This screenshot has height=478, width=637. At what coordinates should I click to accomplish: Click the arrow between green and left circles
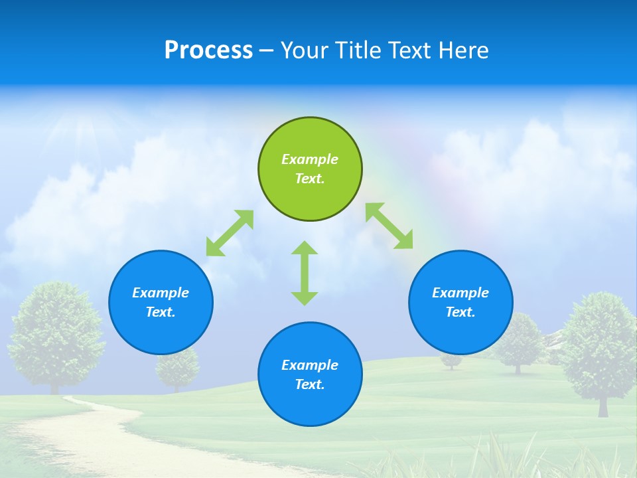click(230, 233)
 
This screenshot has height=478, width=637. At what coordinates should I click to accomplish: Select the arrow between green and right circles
click(389, 226)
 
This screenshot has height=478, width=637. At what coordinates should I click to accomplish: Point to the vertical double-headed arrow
click(305, 273)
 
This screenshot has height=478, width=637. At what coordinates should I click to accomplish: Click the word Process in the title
click(208, 50)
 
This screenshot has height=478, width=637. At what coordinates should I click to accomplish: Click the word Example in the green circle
click(310, 159)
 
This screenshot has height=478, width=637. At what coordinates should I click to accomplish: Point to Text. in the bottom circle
click(310, 384)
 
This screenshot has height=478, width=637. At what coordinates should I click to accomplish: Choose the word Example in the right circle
click(460, 293)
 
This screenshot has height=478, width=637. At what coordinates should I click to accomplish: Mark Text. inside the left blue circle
click(161, 312)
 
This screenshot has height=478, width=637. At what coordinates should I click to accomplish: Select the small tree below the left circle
click(177, 367)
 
